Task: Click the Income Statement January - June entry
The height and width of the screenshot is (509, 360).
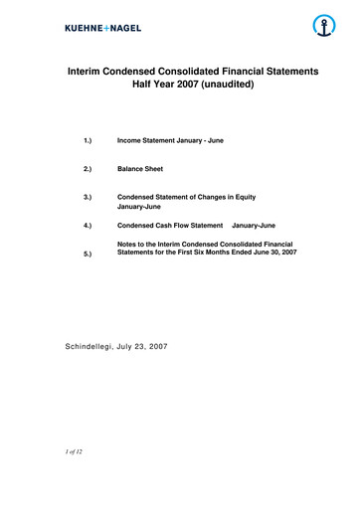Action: (170, 140)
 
